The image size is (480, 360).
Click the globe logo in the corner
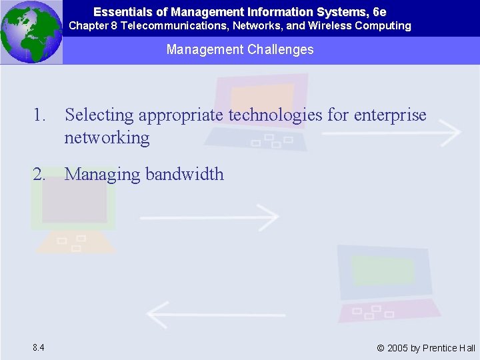31,32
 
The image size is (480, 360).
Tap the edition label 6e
379,12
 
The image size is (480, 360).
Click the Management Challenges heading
240,50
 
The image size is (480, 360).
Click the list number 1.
40,115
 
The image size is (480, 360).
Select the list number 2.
40,175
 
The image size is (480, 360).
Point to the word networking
107,138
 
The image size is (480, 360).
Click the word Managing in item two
101,175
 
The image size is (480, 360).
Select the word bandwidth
185,175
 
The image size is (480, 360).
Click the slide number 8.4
38,347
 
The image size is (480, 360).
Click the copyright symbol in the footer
380,348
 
